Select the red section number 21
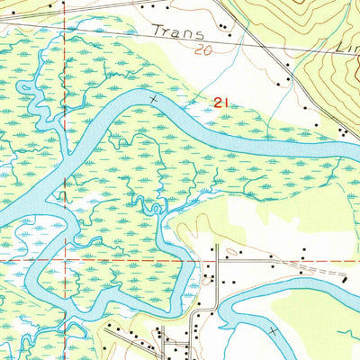pos(222,103)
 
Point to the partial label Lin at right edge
pos(347,46)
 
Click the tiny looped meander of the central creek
pos(154,209)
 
